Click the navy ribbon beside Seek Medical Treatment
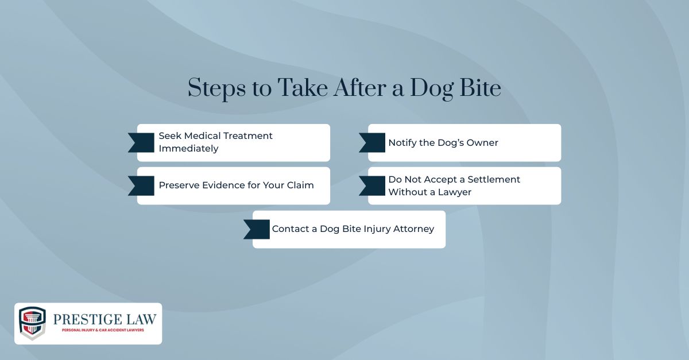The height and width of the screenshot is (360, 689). point(142,142)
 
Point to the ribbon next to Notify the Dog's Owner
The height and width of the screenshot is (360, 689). point(373,142)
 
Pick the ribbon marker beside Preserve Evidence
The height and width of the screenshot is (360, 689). point(142,185)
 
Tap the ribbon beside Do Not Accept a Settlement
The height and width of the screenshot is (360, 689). point(373,185)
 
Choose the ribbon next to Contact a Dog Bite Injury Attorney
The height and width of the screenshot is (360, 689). point(257,229)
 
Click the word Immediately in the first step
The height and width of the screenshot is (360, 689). point(188,149)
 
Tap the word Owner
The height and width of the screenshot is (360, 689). point(483,142)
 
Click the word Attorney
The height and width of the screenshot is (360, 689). point(413,229)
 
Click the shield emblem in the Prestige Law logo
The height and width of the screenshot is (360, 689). point(32,323)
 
